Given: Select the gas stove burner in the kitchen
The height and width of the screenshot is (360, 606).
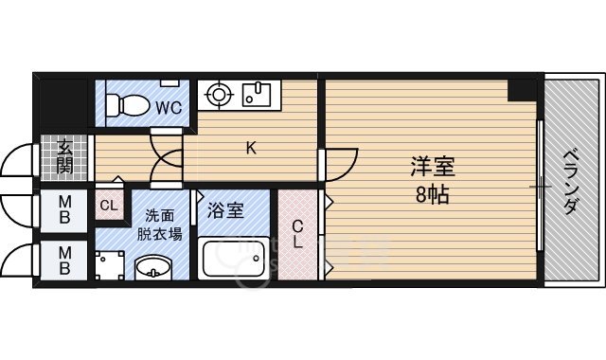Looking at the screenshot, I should click(219, 94).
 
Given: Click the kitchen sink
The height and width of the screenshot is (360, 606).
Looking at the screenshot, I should click(258, 95).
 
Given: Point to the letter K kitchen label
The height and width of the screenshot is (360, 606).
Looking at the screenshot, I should click(251, 147).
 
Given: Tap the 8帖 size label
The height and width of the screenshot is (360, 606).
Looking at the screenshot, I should click(432, 195).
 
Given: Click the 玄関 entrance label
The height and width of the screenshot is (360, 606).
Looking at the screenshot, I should click(64, 157).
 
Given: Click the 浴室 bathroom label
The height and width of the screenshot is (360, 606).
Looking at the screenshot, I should click(228, 209).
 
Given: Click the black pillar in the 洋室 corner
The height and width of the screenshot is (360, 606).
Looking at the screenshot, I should click(519, 91).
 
